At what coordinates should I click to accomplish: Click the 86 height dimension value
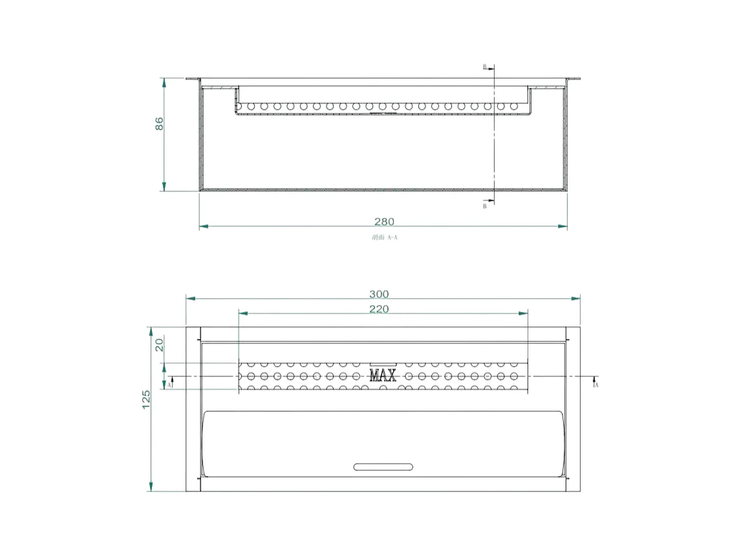click(x=159, y=124)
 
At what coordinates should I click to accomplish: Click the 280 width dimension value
click(x=384, y=221)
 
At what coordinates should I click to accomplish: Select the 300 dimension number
click(x=379, y=294)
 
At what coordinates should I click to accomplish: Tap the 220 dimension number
click(x=379, y=309)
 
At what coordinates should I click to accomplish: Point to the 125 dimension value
click(x=146, y=399)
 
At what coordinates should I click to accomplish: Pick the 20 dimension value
click(x=159, y=344)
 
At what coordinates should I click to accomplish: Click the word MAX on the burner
click(x=383, y=376)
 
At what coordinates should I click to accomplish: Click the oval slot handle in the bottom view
click(x=383, y=467)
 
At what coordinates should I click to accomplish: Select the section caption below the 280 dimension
click(x=384, y=238)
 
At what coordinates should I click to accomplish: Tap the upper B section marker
click(x=485, y=67)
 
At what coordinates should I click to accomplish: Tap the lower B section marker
click(x=485, y=206)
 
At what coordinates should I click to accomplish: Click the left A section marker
click(x=169, y=384)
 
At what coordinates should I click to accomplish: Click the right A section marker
click(x=596, y=384)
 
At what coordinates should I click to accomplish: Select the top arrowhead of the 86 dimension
click(x=164, y=82)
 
